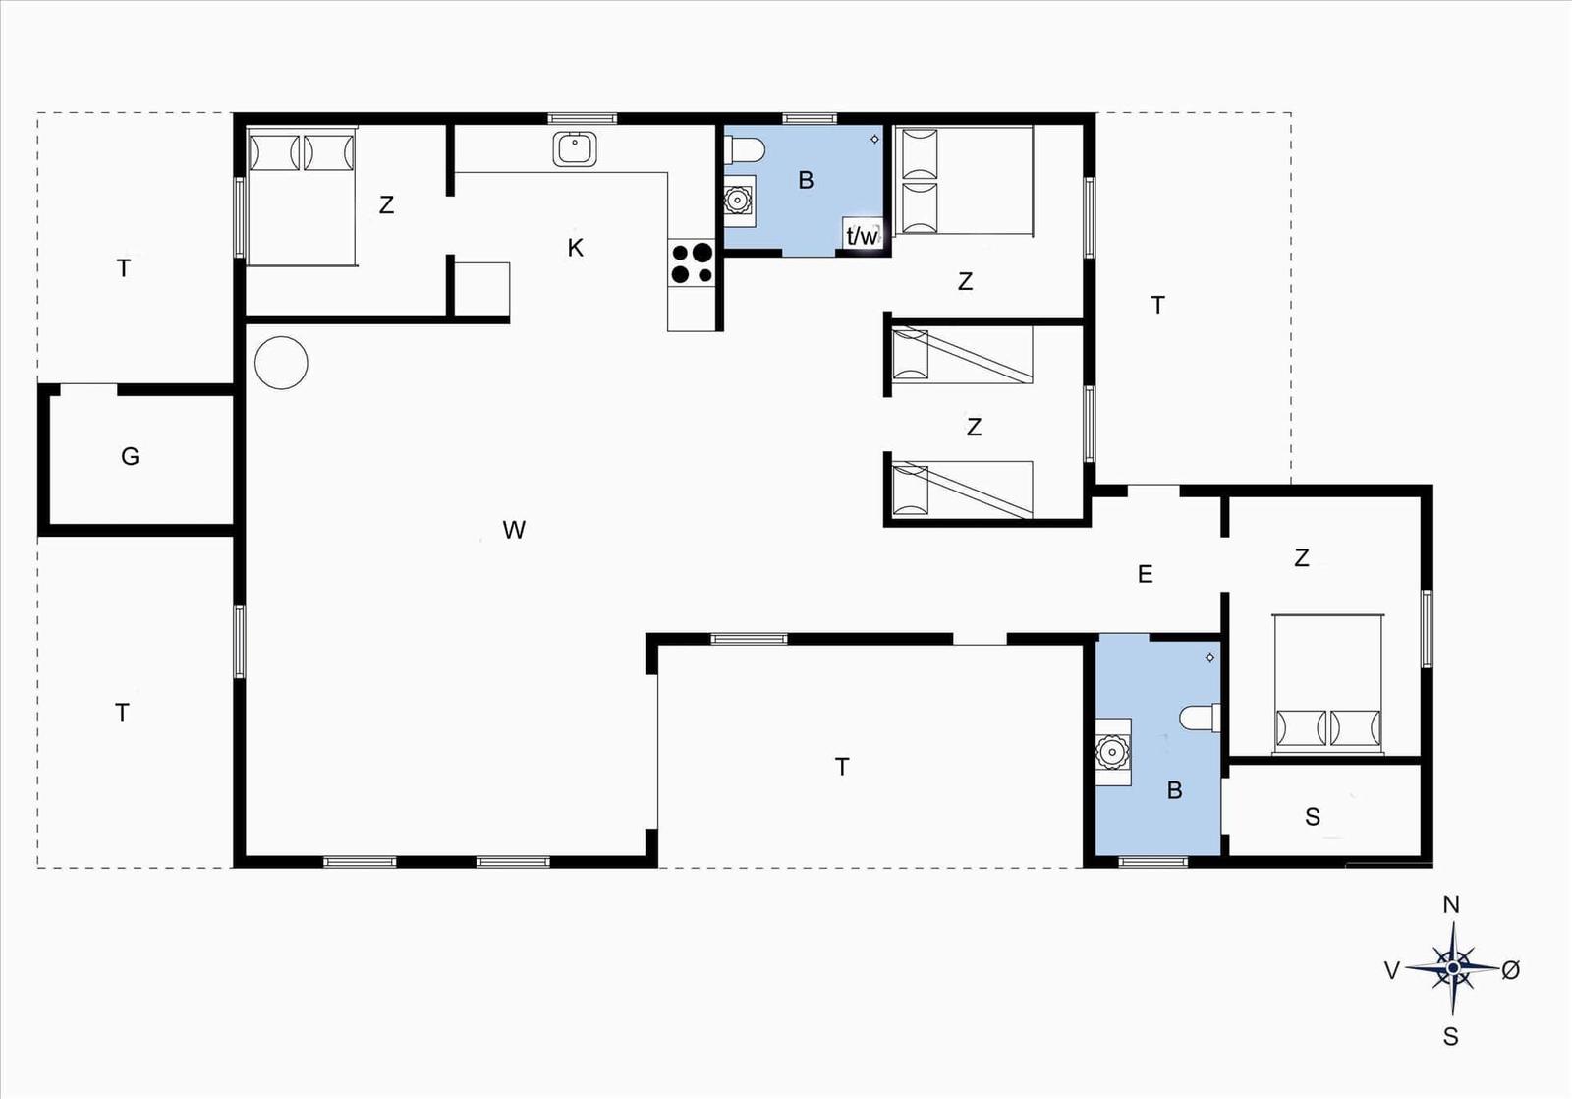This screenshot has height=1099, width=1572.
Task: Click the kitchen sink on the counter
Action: pos(574,148)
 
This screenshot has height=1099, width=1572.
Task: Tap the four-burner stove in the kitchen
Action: pos(692,262)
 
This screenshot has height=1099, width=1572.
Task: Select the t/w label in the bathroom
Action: pos(862,236)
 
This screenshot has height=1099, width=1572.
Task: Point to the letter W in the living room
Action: pos(514,530)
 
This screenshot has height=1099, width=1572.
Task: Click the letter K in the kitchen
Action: pos(575,247)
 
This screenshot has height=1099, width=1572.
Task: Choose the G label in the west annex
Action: pos(130,456)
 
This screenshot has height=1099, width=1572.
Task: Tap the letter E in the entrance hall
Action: pos(1145,574)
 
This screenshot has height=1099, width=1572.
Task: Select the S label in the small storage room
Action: pos(1313,816)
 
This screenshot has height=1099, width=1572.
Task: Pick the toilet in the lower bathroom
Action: pos(1200,718)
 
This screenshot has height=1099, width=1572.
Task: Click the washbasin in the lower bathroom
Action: pos(1113,752)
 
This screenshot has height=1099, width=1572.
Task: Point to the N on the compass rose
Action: pos(1451,905)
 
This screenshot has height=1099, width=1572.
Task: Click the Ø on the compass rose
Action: pos(1510,970)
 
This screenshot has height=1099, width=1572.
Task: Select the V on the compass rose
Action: pos(1392,970)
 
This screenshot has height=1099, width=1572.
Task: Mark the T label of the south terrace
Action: pos(842,767)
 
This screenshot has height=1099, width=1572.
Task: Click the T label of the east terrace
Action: pos(1158,305)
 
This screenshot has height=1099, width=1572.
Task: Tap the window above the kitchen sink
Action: pos(582,118)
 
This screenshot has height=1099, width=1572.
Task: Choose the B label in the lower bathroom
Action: pos(1174,790)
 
